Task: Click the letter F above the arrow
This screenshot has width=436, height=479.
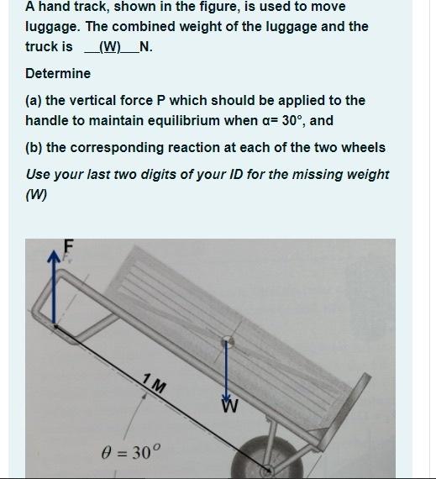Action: [69, 246]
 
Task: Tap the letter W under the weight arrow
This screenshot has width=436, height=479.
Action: [229, 406]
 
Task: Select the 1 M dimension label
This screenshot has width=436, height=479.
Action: [155, 383]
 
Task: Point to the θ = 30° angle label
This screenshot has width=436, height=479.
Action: [131, 452]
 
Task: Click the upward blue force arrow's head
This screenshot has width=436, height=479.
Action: [54, 257]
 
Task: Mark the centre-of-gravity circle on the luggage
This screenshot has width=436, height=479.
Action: [228, 341]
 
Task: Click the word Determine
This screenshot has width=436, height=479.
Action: [58, 74]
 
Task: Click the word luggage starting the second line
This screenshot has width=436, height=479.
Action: [53, 28]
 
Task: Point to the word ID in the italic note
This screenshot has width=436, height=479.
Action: [236, 175]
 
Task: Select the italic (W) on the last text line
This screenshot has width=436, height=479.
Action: [36, 195]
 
